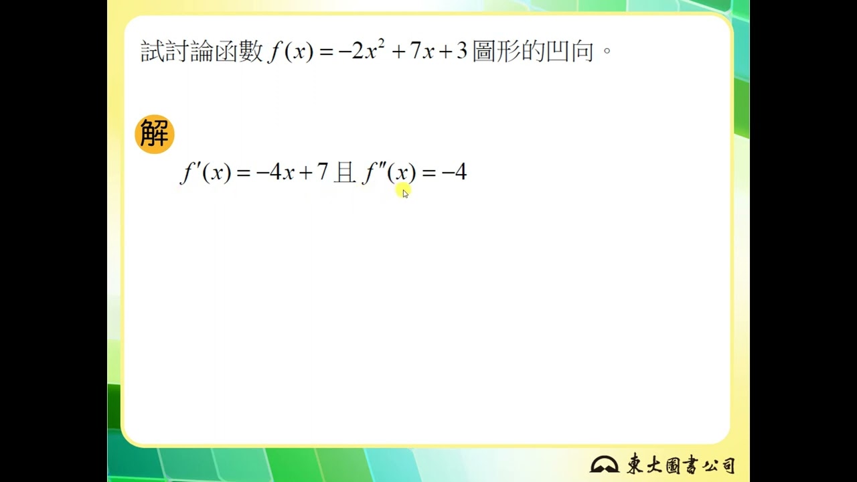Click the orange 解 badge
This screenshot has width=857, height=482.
point(155,134)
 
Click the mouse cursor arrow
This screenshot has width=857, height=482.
point(406,193)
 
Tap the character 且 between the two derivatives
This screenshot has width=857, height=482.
point(345,173)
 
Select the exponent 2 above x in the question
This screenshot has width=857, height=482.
point(381,44)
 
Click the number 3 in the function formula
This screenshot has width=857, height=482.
point(462,51)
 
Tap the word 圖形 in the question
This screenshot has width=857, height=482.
point(497,52)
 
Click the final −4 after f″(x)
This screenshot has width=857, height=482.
point(454,172)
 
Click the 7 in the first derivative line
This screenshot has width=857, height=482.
point(323,172)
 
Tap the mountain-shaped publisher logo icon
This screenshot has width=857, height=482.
point(604,465)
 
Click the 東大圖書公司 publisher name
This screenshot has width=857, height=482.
point(681,464)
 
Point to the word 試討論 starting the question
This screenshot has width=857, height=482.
point(177,52)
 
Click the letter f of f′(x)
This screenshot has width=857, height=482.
point(187,173)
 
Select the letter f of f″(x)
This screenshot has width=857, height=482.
point(370,173)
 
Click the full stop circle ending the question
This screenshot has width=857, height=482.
point(607,50)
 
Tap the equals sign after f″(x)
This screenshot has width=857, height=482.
point(429,173)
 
